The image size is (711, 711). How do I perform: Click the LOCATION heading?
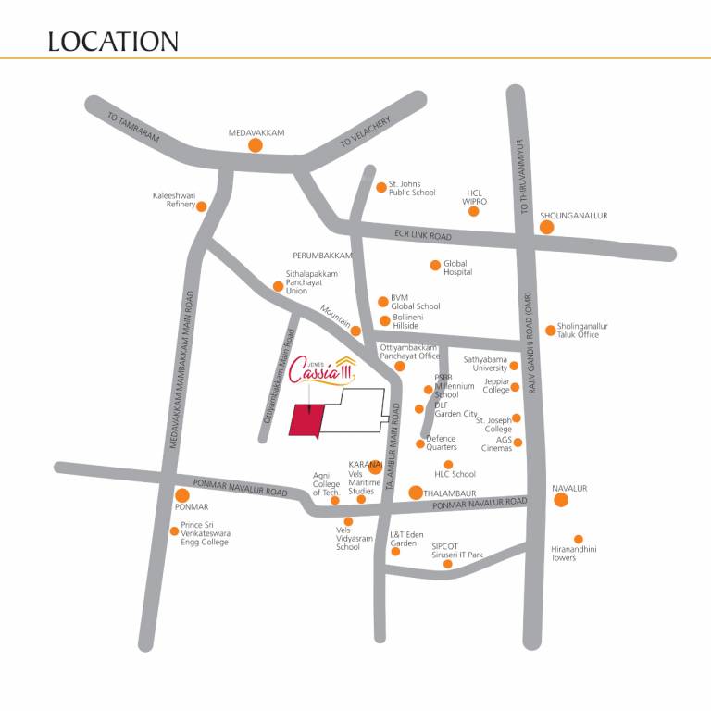click(112, 42)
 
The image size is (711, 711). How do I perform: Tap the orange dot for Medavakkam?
click(256, 145)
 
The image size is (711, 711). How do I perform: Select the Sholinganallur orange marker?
click(547, 227)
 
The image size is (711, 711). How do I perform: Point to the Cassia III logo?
click(318, 371)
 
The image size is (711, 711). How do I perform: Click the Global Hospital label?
click(457, 268)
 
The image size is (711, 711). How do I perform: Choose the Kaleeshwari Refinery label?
click(174, 200)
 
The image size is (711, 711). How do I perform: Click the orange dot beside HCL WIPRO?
click(474, 211)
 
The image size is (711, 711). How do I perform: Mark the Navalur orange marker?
click(560, 501)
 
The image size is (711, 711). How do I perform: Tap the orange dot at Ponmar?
click(182, 495)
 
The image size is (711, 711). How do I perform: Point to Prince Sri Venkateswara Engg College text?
click(206, 533)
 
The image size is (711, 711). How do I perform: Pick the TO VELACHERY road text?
click(365, 132)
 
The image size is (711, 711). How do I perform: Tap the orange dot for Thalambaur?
click(417, 493)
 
